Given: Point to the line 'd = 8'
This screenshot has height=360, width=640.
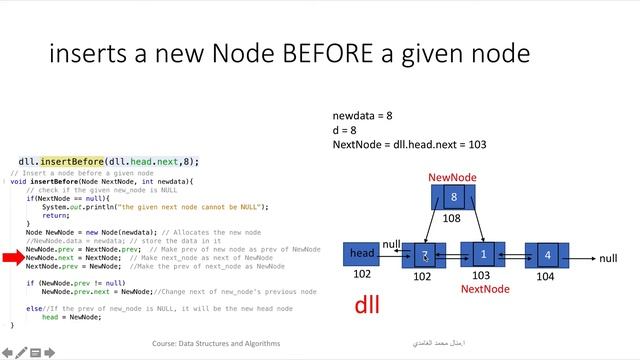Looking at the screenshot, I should pos(346,130).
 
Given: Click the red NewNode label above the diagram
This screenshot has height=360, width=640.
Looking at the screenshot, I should pos(452,177).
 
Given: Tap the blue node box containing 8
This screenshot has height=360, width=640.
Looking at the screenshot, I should pos(453,198).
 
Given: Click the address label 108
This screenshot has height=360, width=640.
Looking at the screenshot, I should pos(452,218).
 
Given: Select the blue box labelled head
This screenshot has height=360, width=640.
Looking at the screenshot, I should pos(362,255).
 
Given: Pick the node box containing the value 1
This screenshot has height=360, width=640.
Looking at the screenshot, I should pos(483,256).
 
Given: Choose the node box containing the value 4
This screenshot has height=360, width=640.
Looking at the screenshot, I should pos(547,256).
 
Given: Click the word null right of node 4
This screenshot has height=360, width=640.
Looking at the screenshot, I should pos(608,258).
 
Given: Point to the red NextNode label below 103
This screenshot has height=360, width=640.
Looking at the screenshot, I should pos(485,289).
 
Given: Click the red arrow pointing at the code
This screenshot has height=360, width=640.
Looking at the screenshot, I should pos(12,258).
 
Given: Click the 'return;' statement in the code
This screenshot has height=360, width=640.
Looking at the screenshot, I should pos(56,215).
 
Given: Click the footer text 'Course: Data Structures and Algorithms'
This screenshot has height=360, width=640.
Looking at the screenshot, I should pos(215,343).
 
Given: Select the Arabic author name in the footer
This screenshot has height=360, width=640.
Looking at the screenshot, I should pos(440,343).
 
